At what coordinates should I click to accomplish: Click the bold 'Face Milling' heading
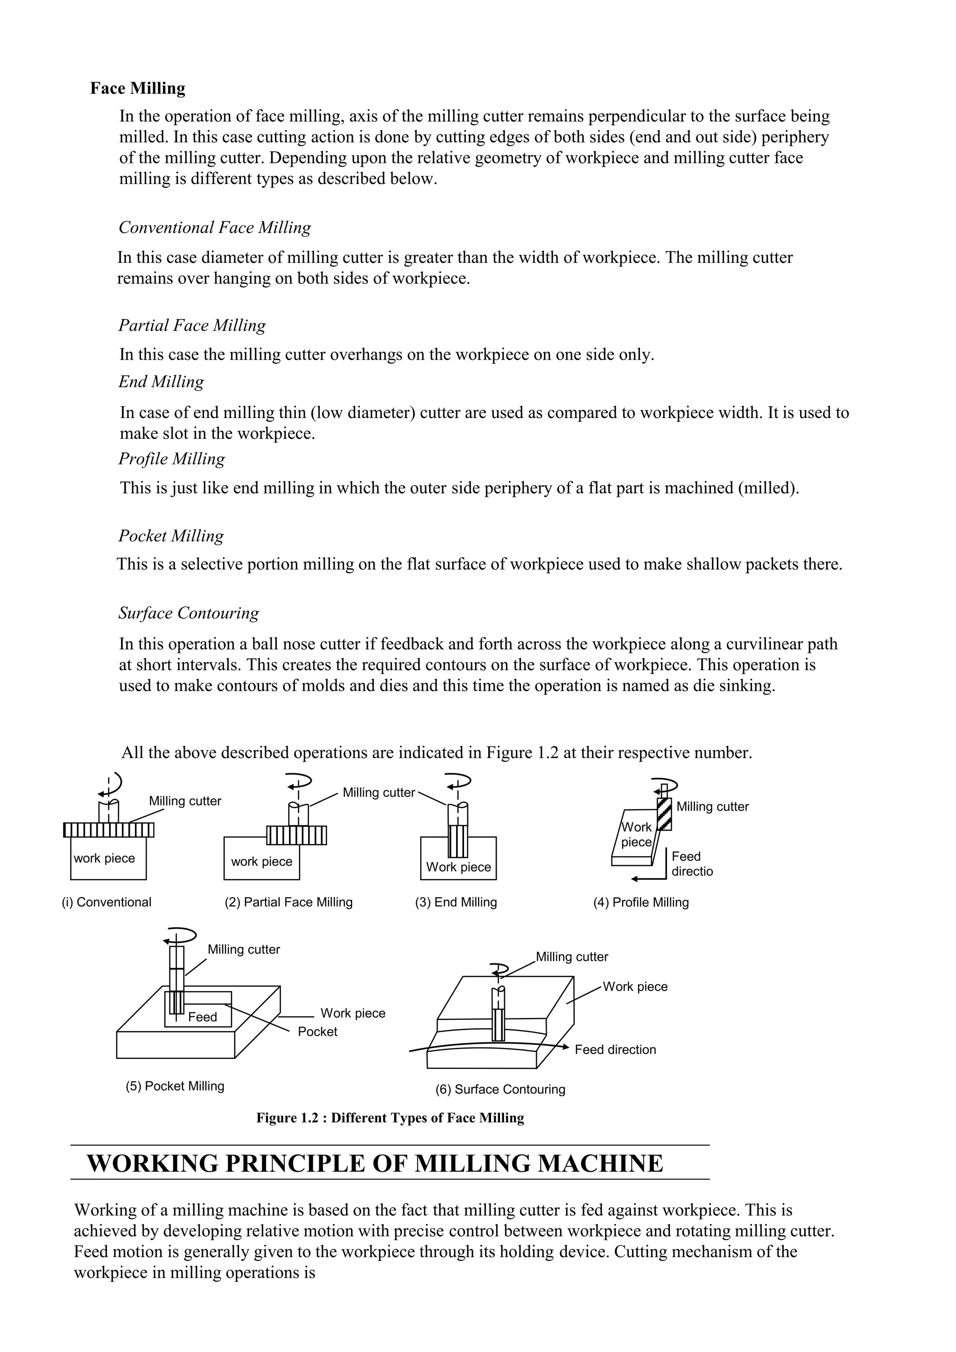[x=137, y=88]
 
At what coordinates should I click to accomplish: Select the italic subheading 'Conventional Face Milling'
[x=215, y=227]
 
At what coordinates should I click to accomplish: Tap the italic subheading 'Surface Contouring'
[x=189, y=613]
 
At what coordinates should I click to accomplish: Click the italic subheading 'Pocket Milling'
[x=171, y=536]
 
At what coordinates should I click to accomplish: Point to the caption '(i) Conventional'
[x=106, y=902]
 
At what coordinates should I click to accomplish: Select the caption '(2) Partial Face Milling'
[x=288, y=902]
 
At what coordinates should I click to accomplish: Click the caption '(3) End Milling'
[x=456, y=902]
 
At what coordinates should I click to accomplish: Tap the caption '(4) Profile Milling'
[x=640, y=902]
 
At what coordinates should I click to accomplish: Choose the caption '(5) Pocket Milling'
[x=175, y=1086]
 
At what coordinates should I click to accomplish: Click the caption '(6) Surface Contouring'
[x=500, y=1090]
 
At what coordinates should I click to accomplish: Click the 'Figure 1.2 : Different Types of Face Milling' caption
[x=390, y=1118]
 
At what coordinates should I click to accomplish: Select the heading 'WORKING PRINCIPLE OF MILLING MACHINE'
[x=375, y=1164]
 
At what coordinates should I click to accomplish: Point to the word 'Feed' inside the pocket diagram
[x=203, y=1017]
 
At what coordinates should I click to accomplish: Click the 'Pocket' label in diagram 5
[x=317, y=1032]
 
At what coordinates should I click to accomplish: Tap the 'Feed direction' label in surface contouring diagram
[x=615, y=1049]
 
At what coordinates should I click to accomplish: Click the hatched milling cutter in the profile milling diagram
[x=664, y=814]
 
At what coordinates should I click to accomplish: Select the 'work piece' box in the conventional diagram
[x=108, y=858]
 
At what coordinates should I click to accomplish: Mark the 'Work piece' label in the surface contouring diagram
[x=635, y=987]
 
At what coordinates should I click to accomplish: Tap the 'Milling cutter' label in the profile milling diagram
[x=712, y=807]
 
